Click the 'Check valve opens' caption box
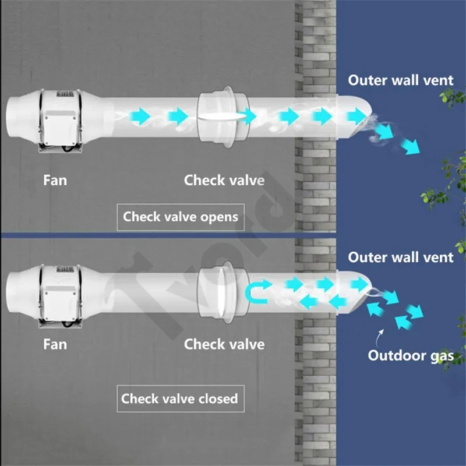[x=181, y=217]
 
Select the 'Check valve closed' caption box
[x=179, y=399]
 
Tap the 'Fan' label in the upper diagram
[x=55, y=180]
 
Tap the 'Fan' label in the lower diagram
[x=55, y=344]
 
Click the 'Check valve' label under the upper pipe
[x=224, y=180]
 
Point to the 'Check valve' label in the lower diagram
[x=224, y=344]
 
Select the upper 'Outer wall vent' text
[x=401, y=80]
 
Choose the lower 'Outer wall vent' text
[x=401, y=257]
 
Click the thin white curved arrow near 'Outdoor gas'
[x=382, y=336]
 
